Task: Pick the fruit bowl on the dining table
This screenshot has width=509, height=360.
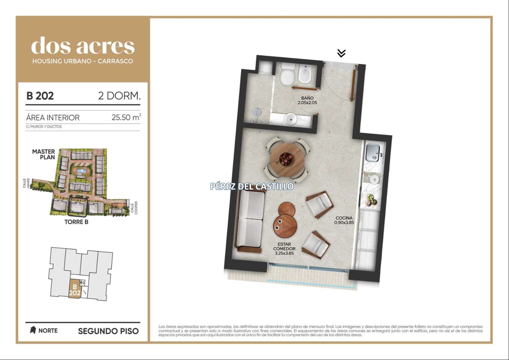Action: tap(286, 159)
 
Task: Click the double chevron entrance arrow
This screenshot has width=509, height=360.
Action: tap(341, 53)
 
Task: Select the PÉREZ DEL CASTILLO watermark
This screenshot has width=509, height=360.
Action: tap(252, 186)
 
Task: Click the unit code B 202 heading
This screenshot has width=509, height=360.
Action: tap(40, 96)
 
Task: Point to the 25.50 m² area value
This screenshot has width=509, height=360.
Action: tap(126, 117)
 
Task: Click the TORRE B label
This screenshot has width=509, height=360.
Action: tap(76, 222)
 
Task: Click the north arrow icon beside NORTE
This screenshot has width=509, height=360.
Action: tap(33, 330)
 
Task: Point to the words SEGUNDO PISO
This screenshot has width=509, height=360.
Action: tap(108, 331)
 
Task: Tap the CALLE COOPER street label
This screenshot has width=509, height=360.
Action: tap(134, 208)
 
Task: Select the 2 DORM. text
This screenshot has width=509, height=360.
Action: tap(120, 96)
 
